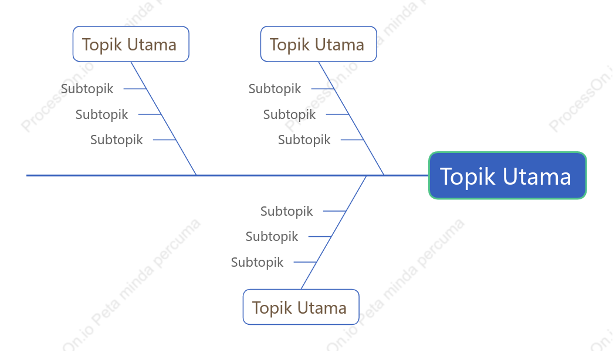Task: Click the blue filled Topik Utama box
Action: pos(507,175)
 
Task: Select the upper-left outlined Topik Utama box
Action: pos(131,44)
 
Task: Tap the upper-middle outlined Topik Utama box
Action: pos(319,44)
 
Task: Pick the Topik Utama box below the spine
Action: pos(301,307)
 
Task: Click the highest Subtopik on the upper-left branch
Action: pos(87,89)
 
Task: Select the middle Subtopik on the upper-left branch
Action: pos(101,114)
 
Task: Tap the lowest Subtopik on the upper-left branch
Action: pos(117,140)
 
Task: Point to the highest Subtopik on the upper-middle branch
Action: pos(275,89)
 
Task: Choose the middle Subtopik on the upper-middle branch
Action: pos(289,114)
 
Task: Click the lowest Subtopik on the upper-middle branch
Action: pos(304,140)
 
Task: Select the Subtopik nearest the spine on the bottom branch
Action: pos(287,211)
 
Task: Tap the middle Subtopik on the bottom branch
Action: pos(272,236)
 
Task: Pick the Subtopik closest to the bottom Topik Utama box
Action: pos(257,262)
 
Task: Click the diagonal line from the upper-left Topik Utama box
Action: pos(164,118)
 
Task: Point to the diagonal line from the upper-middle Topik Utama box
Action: pos(351,118)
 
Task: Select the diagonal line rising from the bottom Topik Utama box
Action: pos(334,233)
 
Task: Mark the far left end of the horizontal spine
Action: pos(26,175)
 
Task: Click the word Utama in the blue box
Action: pos(537,176)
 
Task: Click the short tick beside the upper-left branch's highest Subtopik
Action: pos(135,89)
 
